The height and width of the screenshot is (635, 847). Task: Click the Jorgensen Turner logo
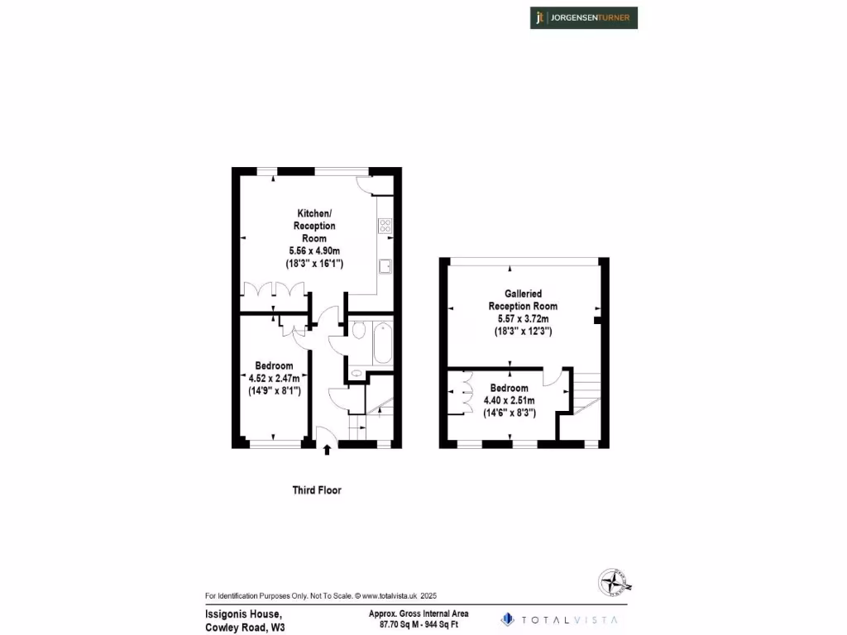(x=584, y=17)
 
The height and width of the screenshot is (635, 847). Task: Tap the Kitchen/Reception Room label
(x=314, y=226)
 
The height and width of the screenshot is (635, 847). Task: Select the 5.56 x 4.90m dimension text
(x=314, y=251)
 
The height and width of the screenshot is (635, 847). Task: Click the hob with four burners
(x=385, y=224)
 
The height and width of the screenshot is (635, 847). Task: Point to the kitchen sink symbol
(x=385, y=265)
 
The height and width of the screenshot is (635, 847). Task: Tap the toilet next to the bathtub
(x=358, y=331)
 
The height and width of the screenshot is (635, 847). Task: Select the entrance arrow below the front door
(x=327, y=451)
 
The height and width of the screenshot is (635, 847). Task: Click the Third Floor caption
(x=317, y=490)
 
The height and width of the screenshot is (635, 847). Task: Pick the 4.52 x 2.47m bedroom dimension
(x=274, y=379)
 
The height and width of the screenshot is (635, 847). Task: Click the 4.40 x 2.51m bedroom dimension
(x=509, y=400)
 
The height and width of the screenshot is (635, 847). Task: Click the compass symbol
(x=615, y=582)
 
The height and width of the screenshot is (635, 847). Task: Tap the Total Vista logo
(x=559, y=618)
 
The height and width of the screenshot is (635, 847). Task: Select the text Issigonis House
(x=243, y=614)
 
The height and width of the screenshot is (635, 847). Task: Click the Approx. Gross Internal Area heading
(x=419, y=614)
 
